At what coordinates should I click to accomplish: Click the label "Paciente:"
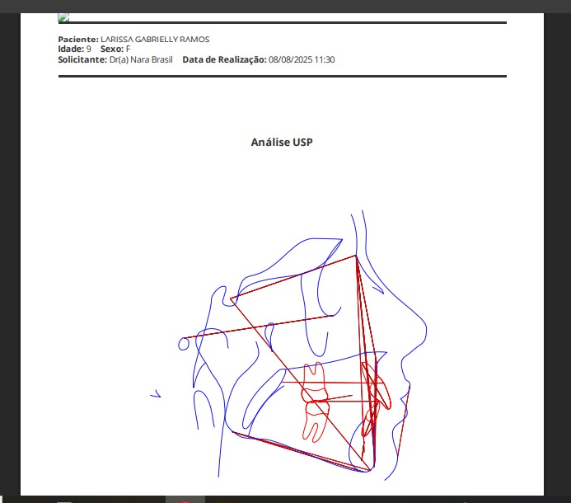coord(78,40)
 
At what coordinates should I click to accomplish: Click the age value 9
coord(88,49)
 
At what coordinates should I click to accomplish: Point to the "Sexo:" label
coord(112,49)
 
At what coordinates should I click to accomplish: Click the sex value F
coord(128,49)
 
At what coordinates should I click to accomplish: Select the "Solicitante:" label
coord(82,59)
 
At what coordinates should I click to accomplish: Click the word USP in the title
coord(302,142)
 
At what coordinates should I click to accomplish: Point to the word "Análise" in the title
coord(270,142)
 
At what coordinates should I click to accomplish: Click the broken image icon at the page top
coord(63,17)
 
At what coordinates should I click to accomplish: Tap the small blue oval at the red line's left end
coord(184,344)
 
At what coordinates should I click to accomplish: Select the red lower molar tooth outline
coord(316,420)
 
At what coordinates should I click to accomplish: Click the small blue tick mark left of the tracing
coord(156,394)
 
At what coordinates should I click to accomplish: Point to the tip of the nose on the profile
coord(426,330)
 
